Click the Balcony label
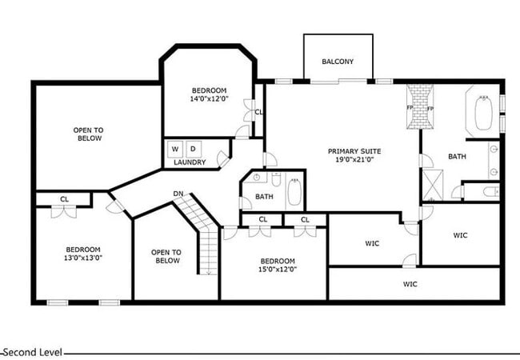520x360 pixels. point(338,62)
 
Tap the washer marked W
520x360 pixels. point(175,149)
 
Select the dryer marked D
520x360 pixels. point(194,149)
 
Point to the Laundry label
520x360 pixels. point(190,162)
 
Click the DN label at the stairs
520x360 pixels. point(178,194)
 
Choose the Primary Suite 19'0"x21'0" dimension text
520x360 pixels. point(355,159)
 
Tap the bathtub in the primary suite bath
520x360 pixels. point(483,113)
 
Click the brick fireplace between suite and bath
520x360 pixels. point(420,106)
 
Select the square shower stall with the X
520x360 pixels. point(433,185)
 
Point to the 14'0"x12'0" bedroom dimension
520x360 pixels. point(210,98)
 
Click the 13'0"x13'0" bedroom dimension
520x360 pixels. point(83,258)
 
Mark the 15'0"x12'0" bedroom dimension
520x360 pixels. point(278,269)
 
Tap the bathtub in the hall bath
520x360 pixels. point(294,192)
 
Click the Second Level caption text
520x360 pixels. point(33,352)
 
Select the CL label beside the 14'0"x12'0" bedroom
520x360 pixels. point(258,112)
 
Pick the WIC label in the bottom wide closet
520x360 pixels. point(410,284)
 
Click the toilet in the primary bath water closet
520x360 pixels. point(491,192)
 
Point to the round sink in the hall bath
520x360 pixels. point(256,178)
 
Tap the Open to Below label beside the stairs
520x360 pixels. point(166,257)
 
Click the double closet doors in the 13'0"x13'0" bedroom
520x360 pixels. point(64,211)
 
